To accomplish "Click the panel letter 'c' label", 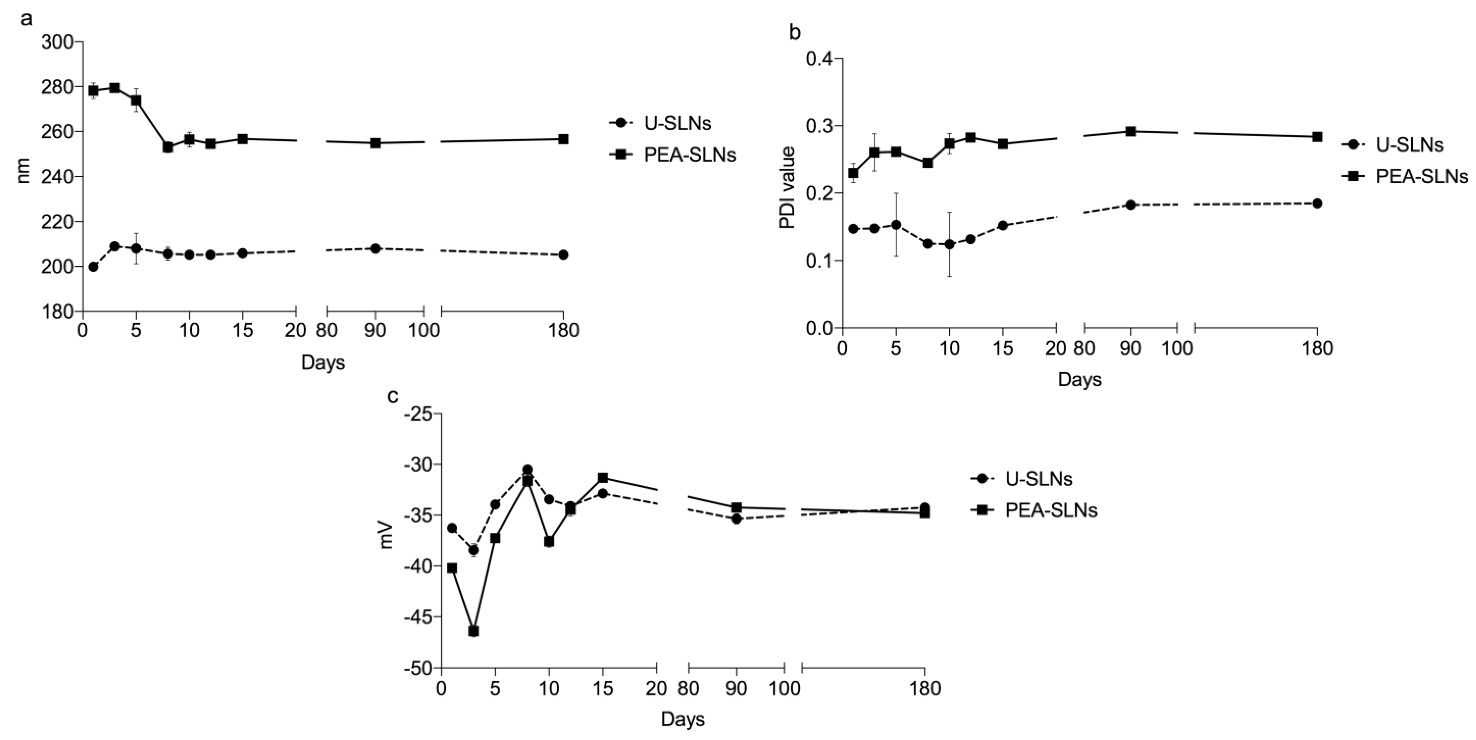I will [393, 395].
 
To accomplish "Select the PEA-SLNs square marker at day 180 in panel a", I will [563, 139].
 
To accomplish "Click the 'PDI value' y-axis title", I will [788, 188].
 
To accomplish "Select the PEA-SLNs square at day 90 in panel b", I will [1131, 131].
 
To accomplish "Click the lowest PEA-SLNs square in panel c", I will [473, 631].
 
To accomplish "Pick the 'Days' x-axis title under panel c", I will [683, 719].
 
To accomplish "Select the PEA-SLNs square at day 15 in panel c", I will [603, 478].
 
